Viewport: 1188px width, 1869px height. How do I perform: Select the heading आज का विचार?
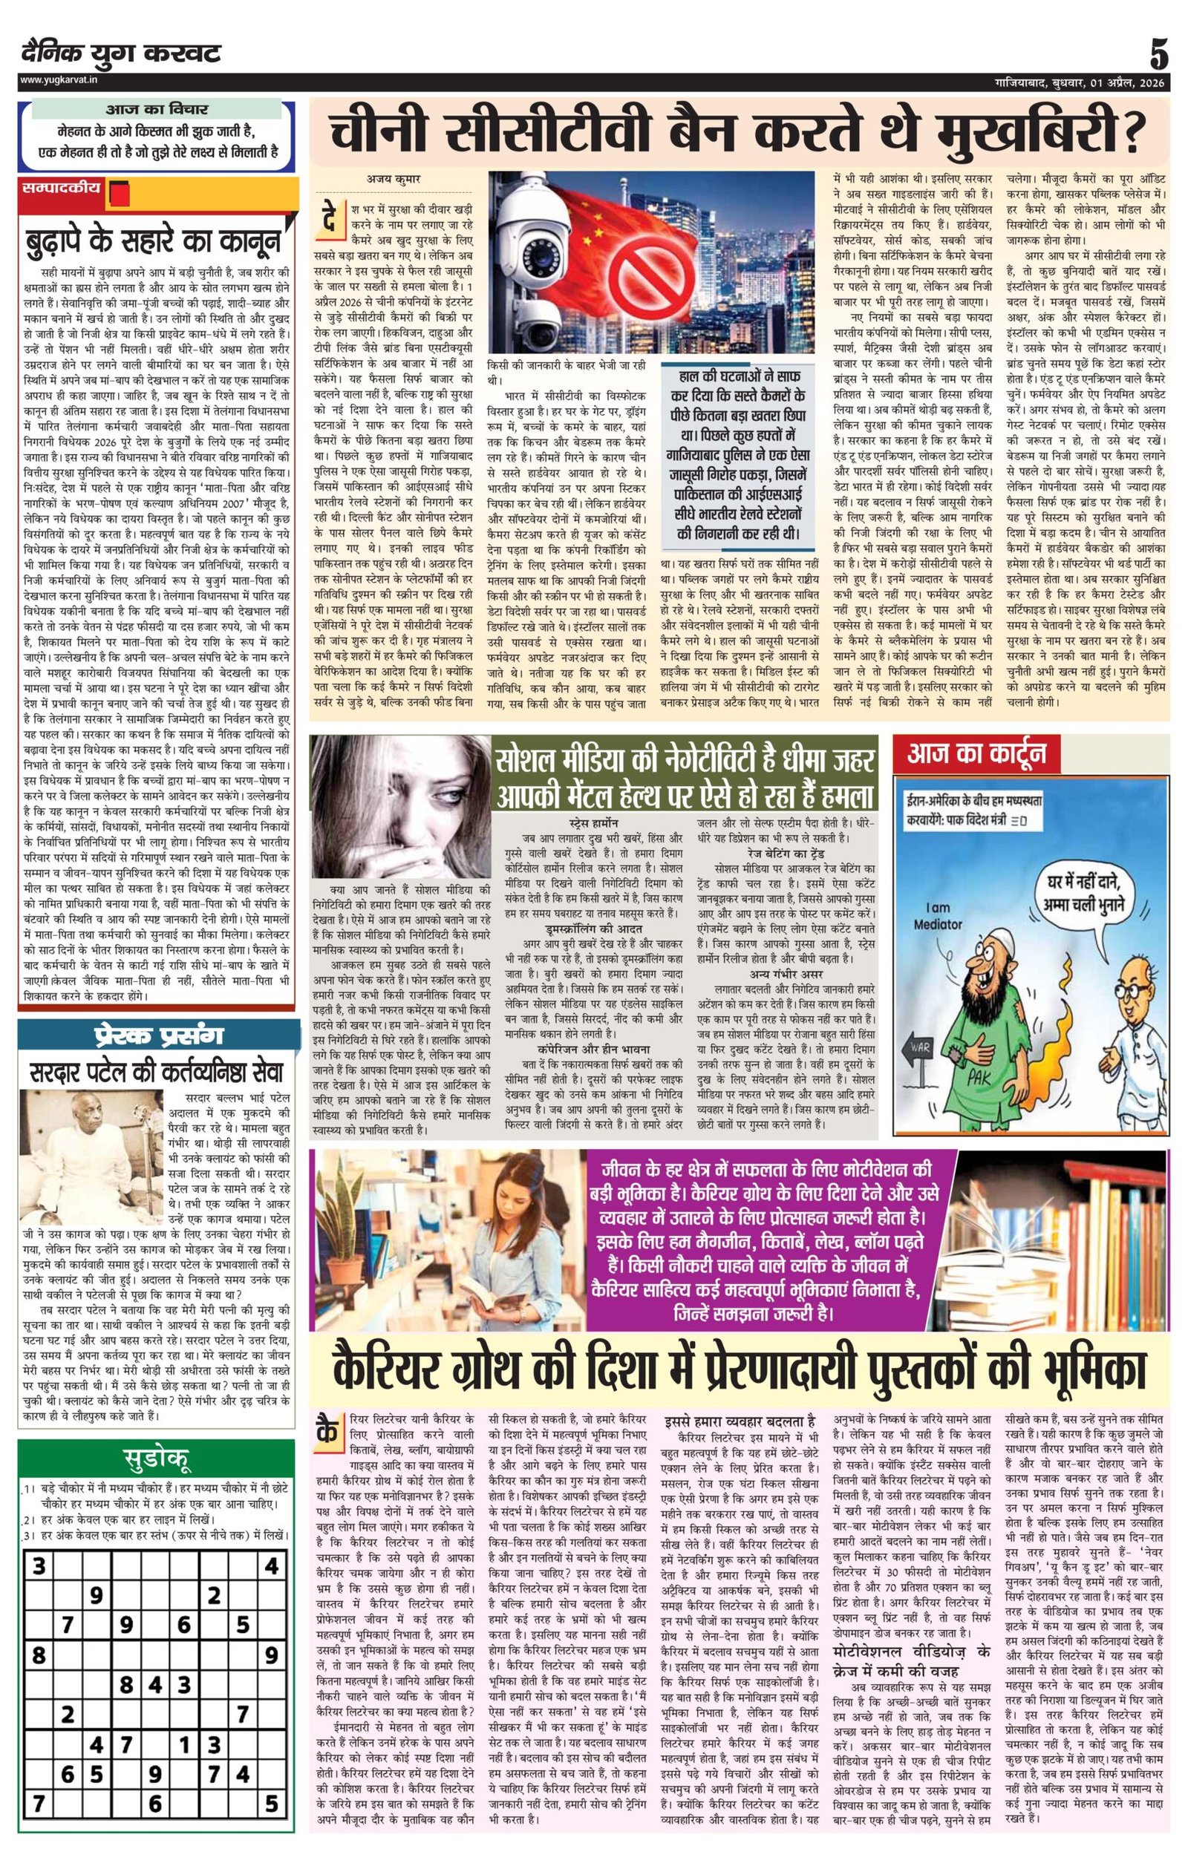click(x=156, y=110)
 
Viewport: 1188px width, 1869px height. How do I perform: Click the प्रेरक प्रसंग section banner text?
click(x=158, y=1036)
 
